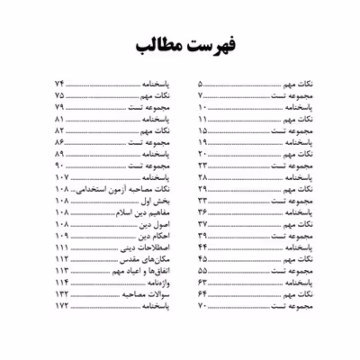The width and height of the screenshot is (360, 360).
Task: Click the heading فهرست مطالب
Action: pos(180,45)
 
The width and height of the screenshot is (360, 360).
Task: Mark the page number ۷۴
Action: pos(59,82)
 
